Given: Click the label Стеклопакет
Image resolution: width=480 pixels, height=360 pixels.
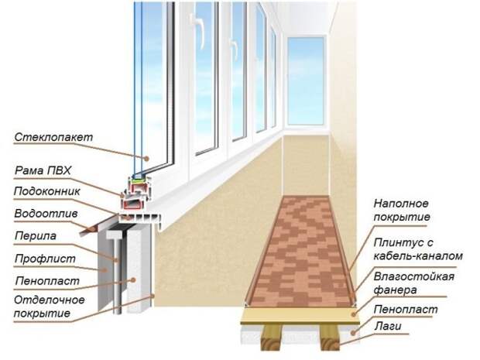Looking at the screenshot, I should [x=53, y=137].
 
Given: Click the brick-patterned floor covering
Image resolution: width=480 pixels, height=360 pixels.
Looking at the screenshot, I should [x=298, y=248].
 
